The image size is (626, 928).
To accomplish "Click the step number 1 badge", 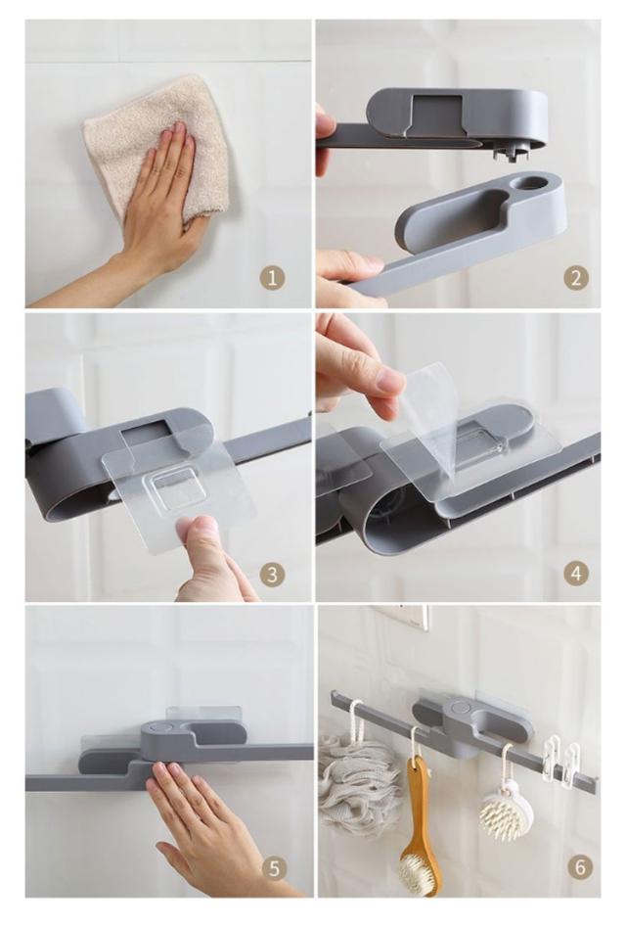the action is point(272,278).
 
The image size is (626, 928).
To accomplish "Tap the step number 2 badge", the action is point(576,278).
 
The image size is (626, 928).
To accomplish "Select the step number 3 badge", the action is point(272,574).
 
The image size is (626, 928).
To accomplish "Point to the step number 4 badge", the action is point(576,573).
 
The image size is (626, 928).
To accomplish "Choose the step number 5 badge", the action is point(274,869).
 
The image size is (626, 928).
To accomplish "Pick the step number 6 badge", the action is point(579,867).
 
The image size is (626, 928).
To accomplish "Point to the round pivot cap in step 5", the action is point(157,728).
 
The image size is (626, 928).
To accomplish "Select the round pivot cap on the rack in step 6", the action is point(457,708).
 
